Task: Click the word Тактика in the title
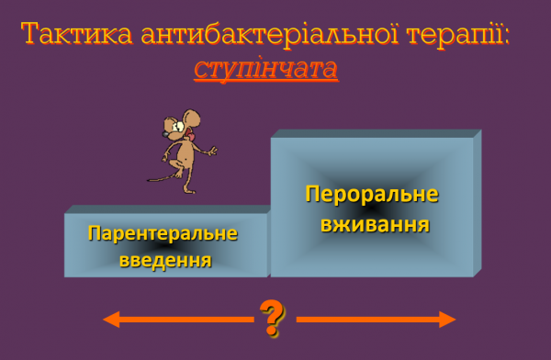coord(77,35)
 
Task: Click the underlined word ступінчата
coord(265,69)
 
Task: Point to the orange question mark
coord(272,317)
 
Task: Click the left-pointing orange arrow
coord(174,320)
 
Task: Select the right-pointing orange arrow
coord(377,320)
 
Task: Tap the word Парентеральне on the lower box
coord(163,233)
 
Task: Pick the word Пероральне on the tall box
coord(372,195)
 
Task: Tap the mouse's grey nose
coord(165,133)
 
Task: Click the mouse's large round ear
coord(192,118)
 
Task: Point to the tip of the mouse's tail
coord(149,179)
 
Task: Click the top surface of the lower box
coord(165,209)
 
